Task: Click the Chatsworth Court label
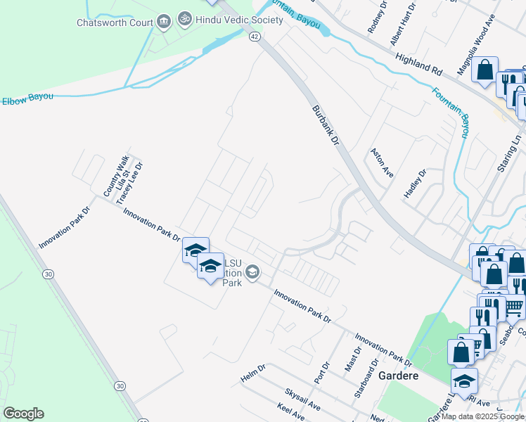click(115, 22)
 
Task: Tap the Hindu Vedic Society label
click(239, 20)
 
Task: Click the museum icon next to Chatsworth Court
click(164, 22)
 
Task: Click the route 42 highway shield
click(255, 37)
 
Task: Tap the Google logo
click(23, 414)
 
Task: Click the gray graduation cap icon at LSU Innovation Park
click(252, 271)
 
